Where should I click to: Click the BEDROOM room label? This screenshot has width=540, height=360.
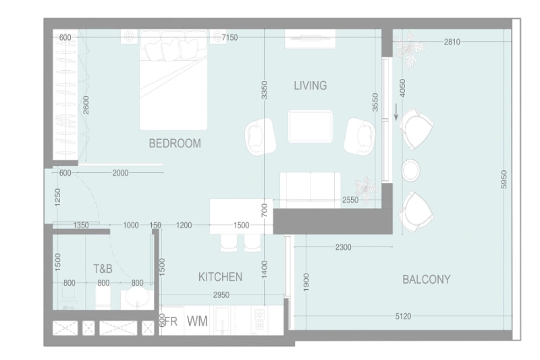pos(175,143)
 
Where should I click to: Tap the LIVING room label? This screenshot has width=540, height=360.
pos(310,85)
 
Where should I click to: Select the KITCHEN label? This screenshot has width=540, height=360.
pos(220,277)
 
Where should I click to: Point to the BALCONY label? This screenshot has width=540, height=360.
pos(426,279)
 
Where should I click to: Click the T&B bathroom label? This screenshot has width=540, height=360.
pos(103,268)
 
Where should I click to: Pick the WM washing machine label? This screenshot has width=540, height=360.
pos(197,321)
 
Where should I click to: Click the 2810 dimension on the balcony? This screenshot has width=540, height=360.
pos(452,42)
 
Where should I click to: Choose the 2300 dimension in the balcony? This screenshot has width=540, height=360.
pos(343,248)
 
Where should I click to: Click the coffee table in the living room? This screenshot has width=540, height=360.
pos(310,126)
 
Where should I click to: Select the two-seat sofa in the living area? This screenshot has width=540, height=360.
pos(310,189)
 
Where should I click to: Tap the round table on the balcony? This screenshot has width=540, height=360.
pos(411,170)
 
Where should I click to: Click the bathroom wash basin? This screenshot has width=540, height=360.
pos(138,298)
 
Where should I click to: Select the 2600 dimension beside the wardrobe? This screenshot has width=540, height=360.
pos(86,105)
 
